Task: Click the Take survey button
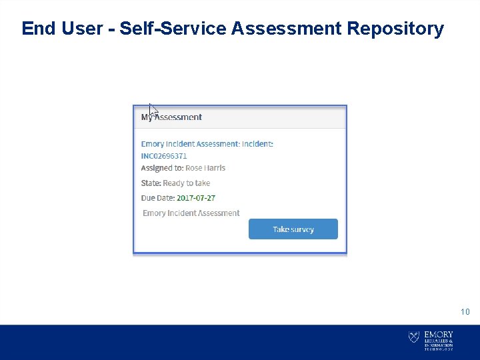pyautogui.click(x=293, y=229)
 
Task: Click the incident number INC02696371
pyautogui.click(x=164, y=156)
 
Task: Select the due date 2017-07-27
pyautogui.click(x=196, y=198)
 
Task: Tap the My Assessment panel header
pyautogui.click(x=172, y=117)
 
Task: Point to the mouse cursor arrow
pyautogui.click(x=153, y=110)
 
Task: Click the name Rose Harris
pyautogui.click(x=205, y=168)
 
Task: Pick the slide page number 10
pyautogui.click(x=465, y=311)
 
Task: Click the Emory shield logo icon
pyautogui.click(x=414, y=338)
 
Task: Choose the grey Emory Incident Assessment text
pyautogui.click(x=191, y=213)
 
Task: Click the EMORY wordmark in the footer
pyautogui.click(x=439, y=334)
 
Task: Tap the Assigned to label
pyautogui.click(x=162, y=168)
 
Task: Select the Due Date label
pyautogui.click(x=158, y=198)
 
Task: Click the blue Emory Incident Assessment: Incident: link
pyautogui.click(x=207, y=144)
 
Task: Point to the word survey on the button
pyautogui.click(x=303, y=229)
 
